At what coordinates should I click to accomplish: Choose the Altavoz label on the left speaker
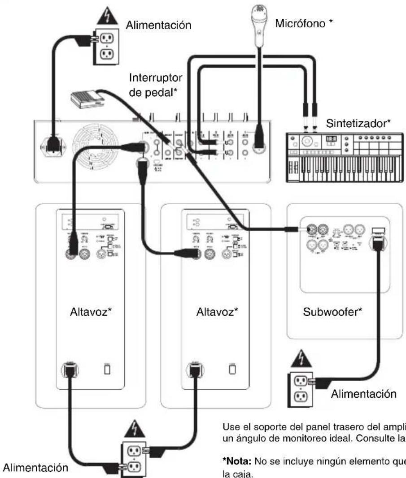[91, 311]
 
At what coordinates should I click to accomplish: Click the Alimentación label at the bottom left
[36, 466]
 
